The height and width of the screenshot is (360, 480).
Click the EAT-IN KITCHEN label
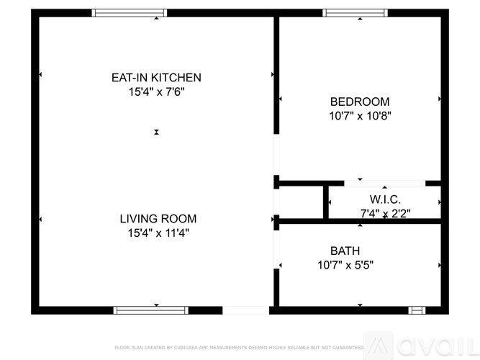[155, 78]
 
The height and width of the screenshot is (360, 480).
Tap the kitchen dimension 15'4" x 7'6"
[155, 92]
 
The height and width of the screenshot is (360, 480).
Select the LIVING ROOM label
[158, 219]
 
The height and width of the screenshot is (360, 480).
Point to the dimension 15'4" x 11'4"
[158, 233]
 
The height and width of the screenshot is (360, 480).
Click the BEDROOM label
[359, 102]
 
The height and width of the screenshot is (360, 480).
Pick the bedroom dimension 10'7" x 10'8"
[359, 115]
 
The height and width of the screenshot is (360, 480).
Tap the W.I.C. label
[385, 199]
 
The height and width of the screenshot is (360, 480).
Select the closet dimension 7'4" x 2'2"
[385, 213]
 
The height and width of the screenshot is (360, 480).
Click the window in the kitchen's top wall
[130, 13]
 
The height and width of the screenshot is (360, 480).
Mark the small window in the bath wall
[417, 310]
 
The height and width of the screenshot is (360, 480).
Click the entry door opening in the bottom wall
[245, 310]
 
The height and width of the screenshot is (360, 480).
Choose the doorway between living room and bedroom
[276, 154]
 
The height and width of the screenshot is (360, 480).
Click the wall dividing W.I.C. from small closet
[326, 201]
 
